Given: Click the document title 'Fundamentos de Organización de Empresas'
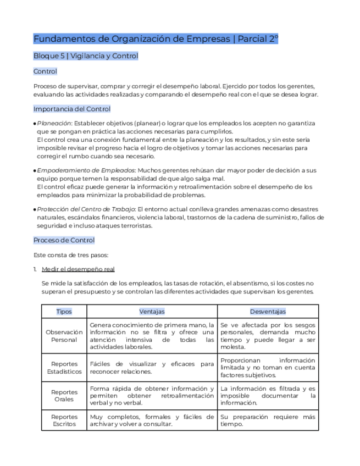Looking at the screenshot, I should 132,39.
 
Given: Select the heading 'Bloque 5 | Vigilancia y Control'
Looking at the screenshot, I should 85,56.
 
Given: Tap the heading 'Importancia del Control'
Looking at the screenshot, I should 71,109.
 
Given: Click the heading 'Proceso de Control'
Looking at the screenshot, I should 64,240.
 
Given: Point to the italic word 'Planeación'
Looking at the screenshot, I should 54,124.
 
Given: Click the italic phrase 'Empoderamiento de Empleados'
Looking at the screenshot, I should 86,171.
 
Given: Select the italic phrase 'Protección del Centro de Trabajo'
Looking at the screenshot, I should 86,209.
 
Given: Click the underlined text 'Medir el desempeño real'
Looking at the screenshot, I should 78,269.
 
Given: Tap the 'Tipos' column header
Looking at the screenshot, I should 64,312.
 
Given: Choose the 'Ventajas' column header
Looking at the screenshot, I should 152,312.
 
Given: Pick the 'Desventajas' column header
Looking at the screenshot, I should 268,312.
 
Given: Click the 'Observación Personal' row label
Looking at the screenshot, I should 64,336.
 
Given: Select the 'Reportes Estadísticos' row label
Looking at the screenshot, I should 64,368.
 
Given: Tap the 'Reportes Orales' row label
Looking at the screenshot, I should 64,396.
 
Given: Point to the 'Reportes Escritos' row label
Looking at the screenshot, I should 64,420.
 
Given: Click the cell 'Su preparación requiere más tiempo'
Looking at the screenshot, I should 268,420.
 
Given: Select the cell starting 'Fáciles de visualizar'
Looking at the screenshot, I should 152,368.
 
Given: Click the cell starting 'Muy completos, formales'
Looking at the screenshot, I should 152,420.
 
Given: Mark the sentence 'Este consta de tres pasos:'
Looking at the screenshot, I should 71,255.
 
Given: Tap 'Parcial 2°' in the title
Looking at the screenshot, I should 258,39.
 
